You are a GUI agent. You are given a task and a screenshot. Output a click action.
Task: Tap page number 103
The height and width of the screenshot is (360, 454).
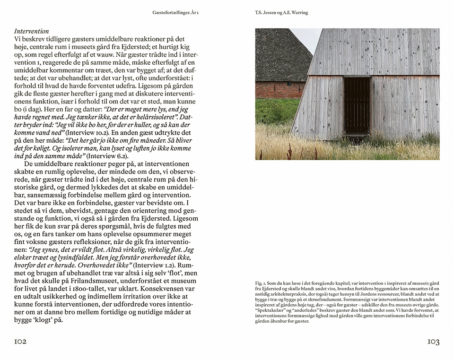pos(433,342)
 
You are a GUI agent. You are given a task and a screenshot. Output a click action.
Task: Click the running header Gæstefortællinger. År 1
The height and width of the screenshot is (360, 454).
pos(175,13)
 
